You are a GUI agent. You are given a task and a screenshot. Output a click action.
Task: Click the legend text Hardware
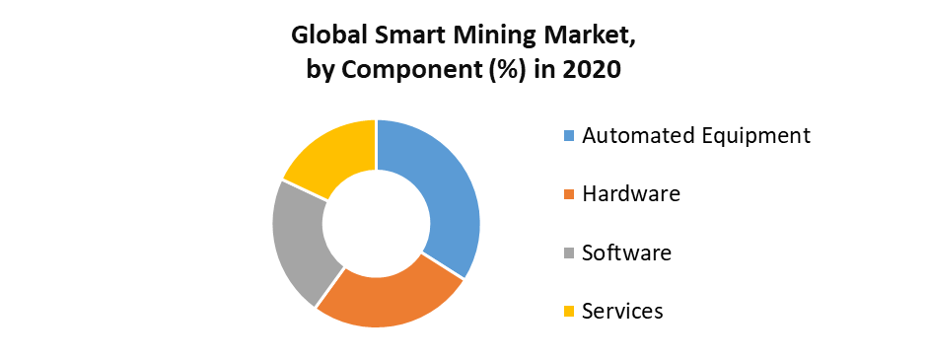(x=631, y=193)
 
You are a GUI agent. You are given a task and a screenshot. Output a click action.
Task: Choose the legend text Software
(x=626, y=252)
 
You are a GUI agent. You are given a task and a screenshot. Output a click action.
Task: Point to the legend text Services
(x=622, y=312)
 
